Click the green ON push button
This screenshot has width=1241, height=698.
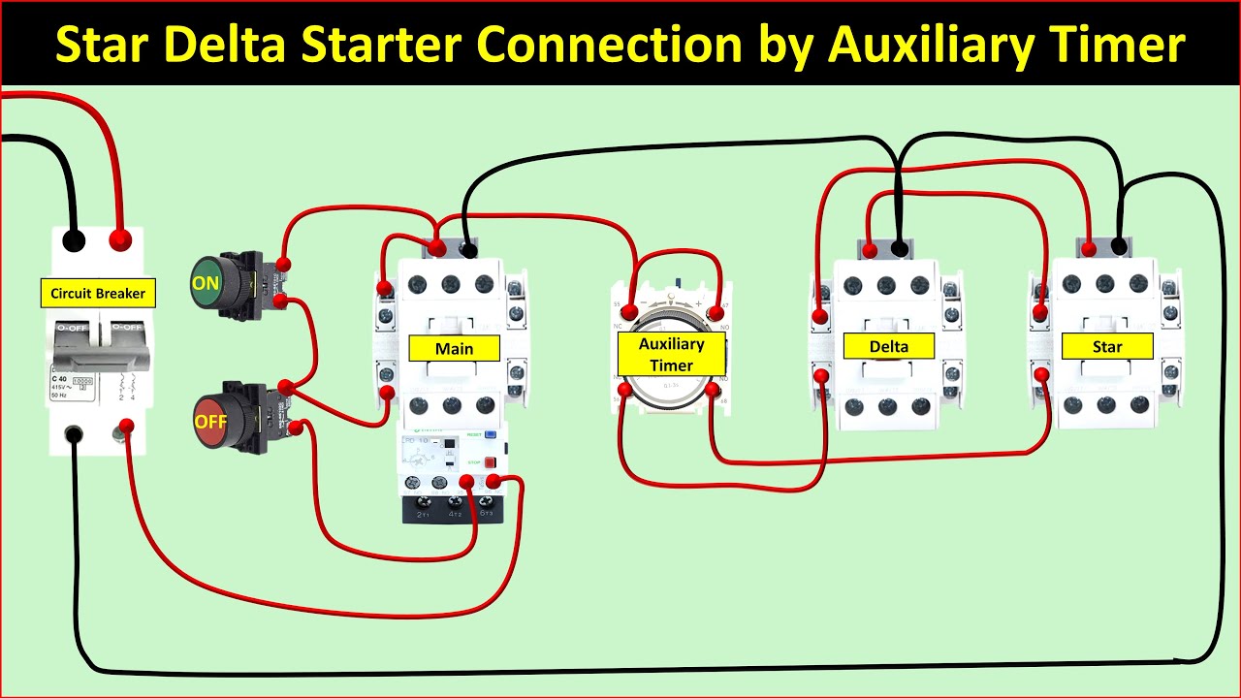(x=207, y=283)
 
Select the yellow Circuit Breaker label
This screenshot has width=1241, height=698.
(x=98, y=293)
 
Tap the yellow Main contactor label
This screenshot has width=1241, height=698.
(x=454, y=348)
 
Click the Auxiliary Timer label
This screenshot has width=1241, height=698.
(x=671, y=354)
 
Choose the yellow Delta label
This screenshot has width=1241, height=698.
(x=888, y=346)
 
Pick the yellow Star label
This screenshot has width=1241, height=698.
(x=1107, y=346)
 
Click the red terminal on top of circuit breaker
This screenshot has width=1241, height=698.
(x=121, y=238)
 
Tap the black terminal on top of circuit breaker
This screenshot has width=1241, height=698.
(x=73, y=239)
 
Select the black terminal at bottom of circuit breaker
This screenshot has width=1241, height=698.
(x=73, y=433)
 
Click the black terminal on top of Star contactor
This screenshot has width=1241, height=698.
(x=1120, y=247)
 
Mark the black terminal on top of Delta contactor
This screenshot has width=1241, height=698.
(x=901, y=249)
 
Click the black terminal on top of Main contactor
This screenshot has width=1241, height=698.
(x=470, y=250)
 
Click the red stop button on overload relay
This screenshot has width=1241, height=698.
(x=490, y=462)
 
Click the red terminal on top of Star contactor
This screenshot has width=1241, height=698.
(x=1089, y=249)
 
